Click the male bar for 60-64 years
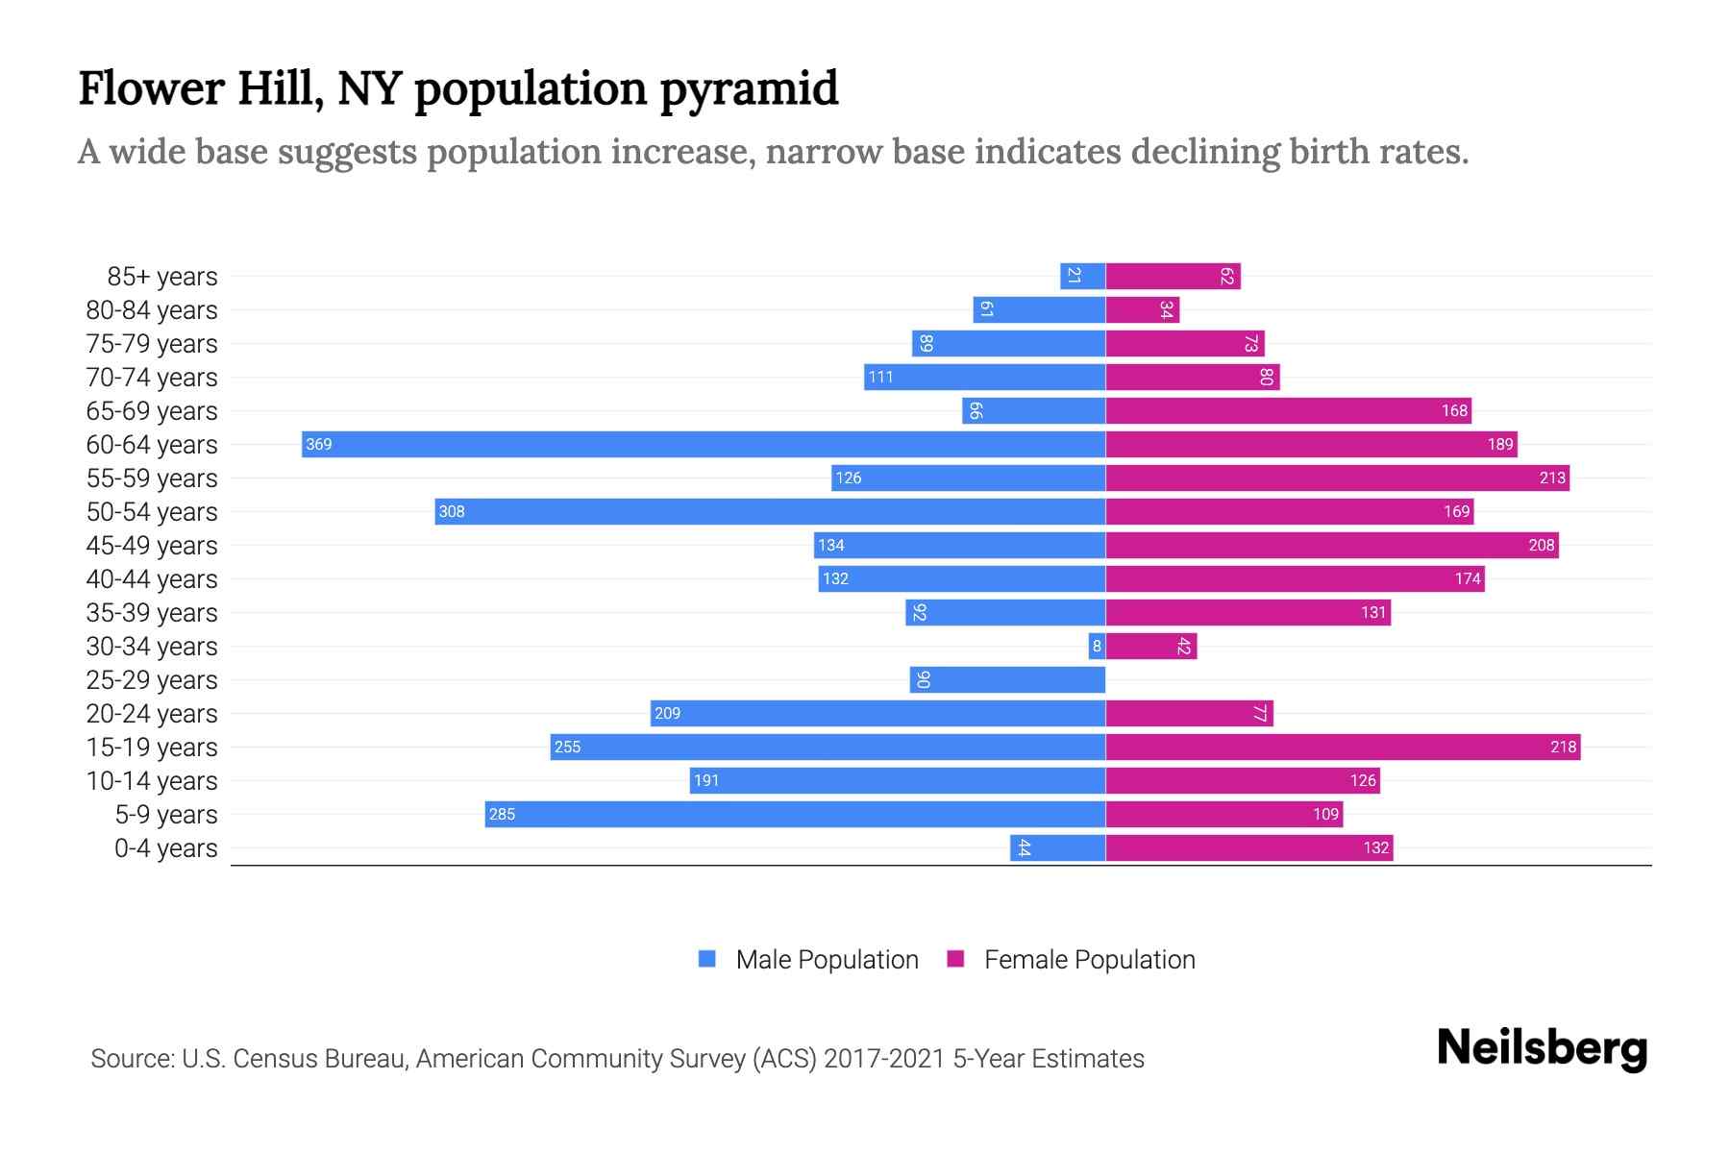tap(704, 444)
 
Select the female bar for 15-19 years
tap(1343, 747)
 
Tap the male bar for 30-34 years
tap(1097, 646)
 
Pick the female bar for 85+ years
tap(1173, 276)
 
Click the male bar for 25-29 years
tap(1007, 679)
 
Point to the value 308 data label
tap(452, 511)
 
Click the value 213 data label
tap(1551, 478)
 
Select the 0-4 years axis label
tap(165, 848)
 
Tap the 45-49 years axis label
tap(152, 546)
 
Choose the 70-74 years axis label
tap(152, 378)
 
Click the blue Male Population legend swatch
tap(707, 959)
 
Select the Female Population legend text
tap(1089, 960)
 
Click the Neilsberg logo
tap(1542, 1048)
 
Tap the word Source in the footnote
tap(131, 1059)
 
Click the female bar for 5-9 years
tap(1223, 814)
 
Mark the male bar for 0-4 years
tap(1057, 847)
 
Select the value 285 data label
tap(502, 814)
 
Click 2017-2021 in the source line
tap(883, 1059)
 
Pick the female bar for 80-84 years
tap(1142, 309)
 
